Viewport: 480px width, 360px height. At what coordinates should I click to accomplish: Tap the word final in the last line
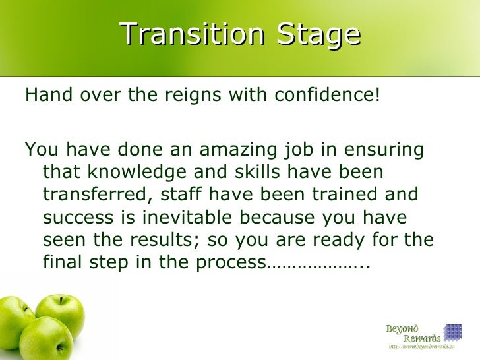click(58, 263)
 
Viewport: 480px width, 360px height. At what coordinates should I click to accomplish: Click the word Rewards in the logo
click(423, 338)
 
